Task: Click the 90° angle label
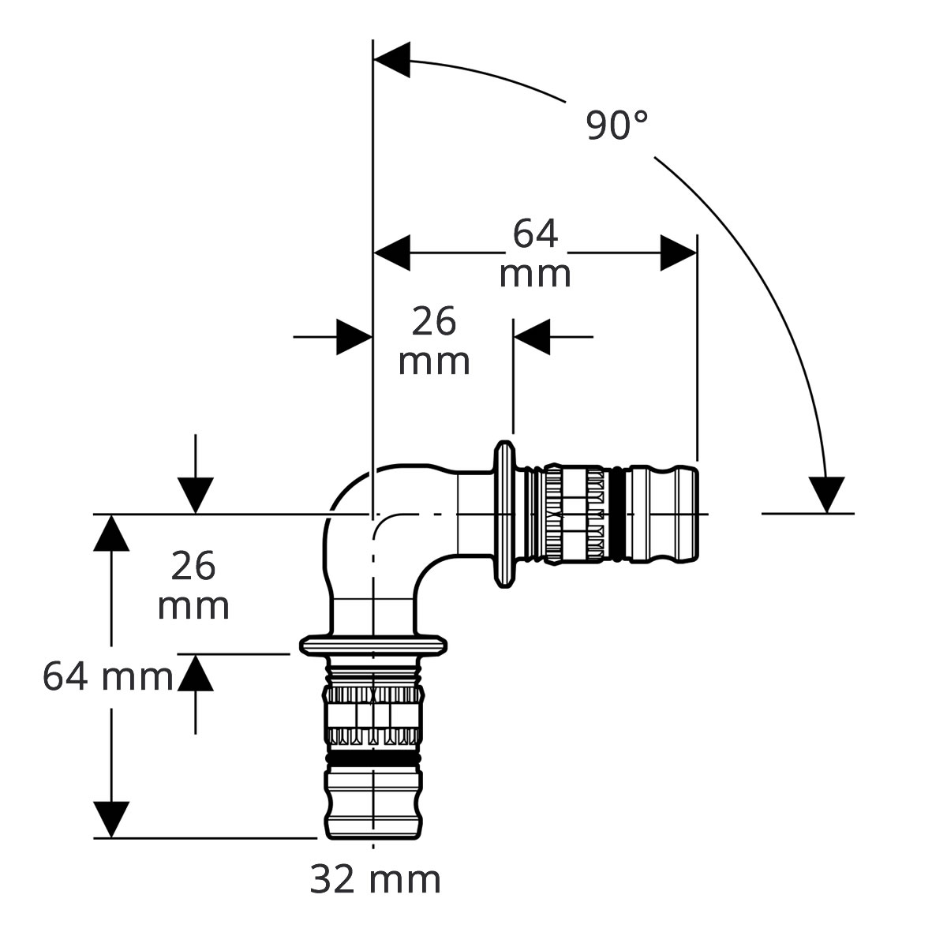617,125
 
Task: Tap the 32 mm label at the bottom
375,880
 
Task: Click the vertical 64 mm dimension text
107,677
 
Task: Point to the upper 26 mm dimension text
434,341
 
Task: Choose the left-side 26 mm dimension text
193,585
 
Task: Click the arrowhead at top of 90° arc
391,59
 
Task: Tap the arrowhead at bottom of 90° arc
827,495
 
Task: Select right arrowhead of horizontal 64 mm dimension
678,253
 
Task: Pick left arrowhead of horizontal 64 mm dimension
391,253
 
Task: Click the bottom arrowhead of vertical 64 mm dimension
111,819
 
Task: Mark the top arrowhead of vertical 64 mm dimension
111,533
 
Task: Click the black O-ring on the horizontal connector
617,514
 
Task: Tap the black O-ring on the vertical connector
373,758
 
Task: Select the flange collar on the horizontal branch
504,514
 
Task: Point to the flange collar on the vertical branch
373,646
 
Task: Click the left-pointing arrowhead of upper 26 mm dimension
532,337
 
